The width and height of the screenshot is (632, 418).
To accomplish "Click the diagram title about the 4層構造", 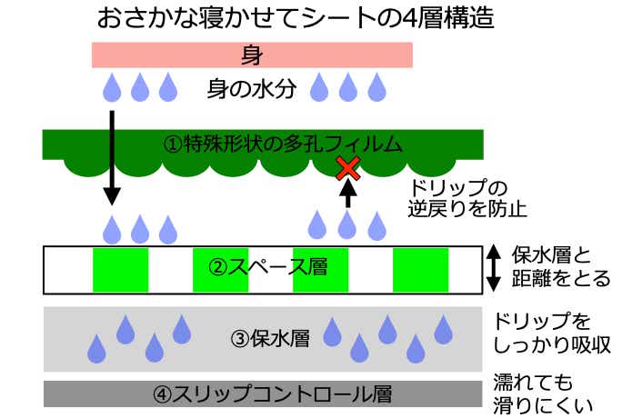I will pos(295,18).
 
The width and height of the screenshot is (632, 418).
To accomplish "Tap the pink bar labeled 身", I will pos(252,55).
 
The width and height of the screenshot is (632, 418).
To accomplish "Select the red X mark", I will pos(346,167).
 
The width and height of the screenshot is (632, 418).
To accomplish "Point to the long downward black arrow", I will pos(111,154).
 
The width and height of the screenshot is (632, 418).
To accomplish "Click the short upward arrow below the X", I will pos(346,194).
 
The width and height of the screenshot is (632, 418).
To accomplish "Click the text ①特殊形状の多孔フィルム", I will pos(281,144).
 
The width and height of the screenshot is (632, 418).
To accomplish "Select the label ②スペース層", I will pos(266,268).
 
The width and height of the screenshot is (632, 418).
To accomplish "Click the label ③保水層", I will pos(269,340).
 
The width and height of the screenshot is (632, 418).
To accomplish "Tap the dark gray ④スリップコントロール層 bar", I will pos(263,395).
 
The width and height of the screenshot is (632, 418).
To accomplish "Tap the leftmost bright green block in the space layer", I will pos(120,269).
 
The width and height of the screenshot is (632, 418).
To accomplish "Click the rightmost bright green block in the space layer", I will pos(420,269).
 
